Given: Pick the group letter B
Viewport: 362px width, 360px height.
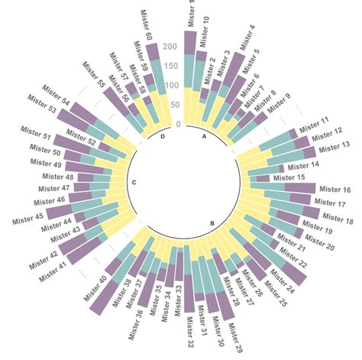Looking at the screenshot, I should (x=212, y=222).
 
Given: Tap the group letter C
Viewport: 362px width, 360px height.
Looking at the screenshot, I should (x=134, y=182).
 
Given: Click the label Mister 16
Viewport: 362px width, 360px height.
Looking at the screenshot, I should (x=335, y=190).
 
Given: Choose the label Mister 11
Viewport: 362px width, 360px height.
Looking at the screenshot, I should (x=314, y=122).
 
